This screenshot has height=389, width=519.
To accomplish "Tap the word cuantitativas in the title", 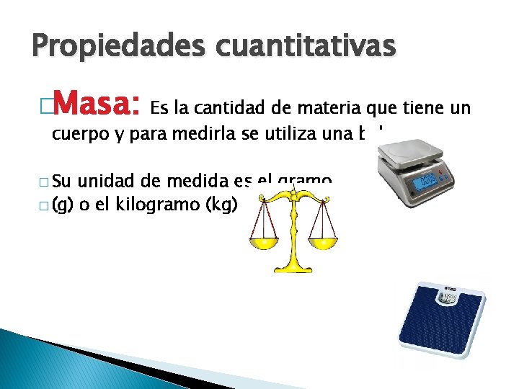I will (302, 47).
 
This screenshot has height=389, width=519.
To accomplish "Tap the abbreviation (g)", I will (63, 205).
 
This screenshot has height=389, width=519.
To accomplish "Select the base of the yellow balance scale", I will (292, 267).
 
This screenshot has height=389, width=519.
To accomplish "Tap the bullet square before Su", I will (44, 181).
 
